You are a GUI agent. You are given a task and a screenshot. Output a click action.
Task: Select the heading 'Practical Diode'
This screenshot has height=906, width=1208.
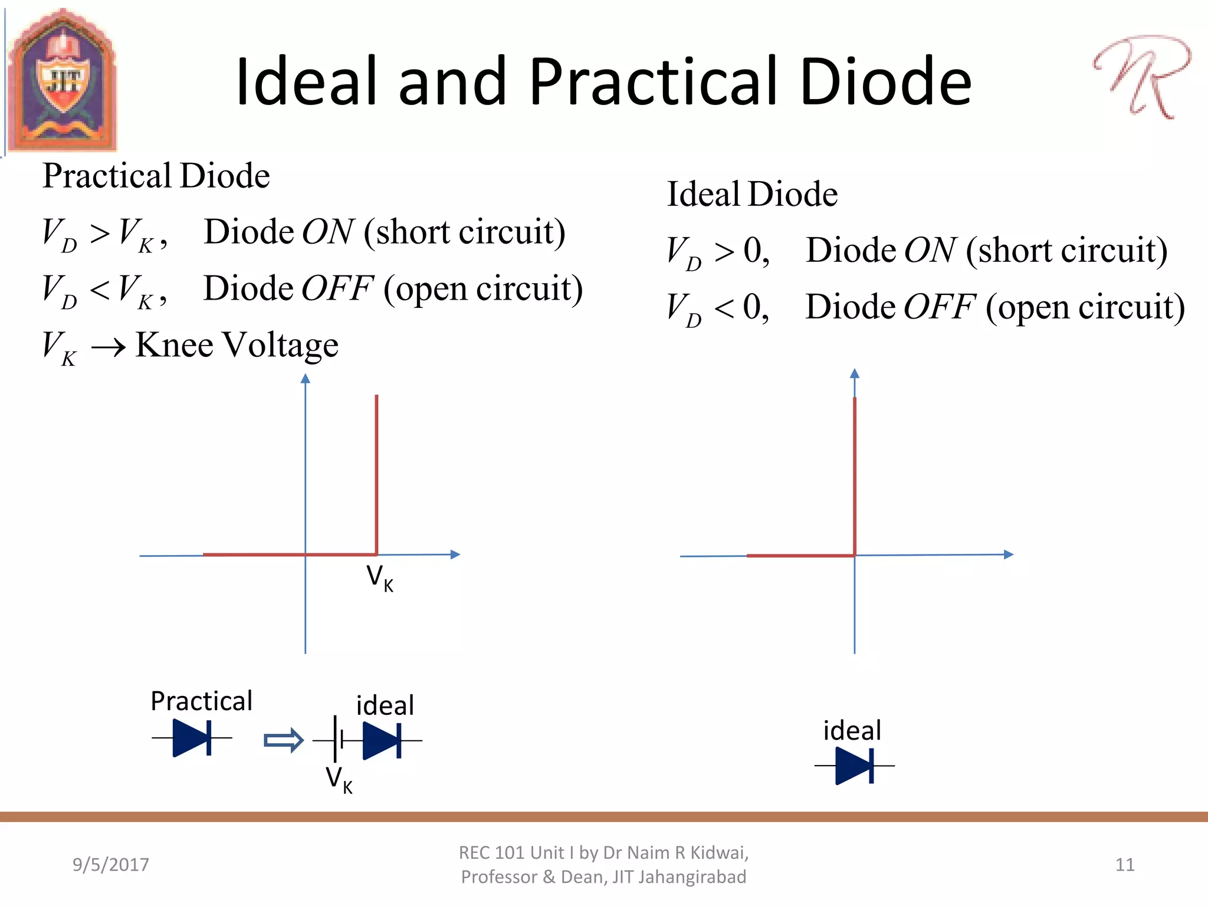click(156, 176)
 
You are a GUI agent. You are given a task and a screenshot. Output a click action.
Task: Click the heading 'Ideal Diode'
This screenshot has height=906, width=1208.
click(752, 195)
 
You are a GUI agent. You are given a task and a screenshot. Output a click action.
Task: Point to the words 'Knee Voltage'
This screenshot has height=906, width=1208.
click(237, 344)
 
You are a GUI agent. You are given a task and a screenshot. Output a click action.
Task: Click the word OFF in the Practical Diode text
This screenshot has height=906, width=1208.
click(337, 288)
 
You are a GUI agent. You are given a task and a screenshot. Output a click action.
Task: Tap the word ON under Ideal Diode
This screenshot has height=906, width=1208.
click(930, 250)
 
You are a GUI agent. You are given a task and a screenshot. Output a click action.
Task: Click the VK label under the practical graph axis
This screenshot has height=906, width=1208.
click(379, 577)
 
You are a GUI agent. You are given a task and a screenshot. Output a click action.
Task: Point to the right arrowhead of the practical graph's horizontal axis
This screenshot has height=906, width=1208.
click(455, 554)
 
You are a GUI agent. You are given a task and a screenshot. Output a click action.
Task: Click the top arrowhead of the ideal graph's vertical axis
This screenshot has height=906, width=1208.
click(855, 373)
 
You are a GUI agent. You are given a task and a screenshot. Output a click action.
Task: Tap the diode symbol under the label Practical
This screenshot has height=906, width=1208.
click(192, 737)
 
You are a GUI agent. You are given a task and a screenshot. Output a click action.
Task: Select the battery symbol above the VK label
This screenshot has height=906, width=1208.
click(338, 740)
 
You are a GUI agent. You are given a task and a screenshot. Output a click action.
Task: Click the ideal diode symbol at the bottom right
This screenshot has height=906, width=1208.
click(855, 766)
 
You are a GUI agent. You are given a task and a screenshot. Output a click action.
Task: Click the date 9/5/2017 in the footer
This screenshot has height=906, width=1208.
click(111, 865)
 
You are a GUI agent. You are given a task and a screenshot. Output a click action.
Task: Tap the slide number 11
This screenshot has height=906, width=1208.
click(1125, 865)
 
